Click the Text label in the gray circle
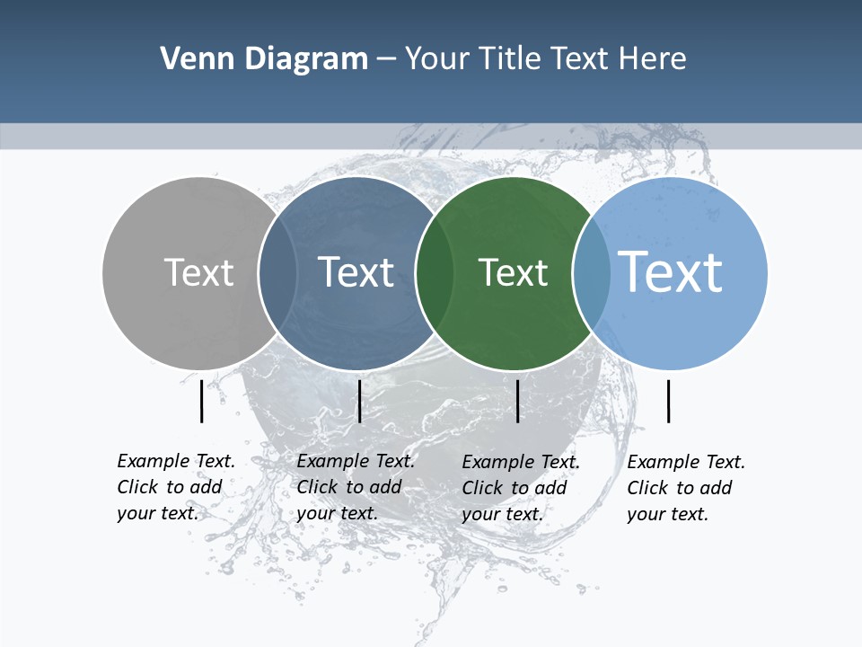click(198, 272)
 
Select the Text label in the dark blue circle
click(356, 272)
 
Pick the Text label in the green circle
click(513, 272)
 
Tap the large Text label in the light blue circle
click(671, 271)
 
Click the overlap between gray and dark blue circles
click(277, 273)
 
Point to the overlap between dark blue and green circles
click(435, 273)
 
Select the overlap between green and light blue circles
click(592, 273)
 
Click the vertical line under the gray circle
click(202, 401)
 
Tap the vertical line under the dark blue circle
click(359, 401)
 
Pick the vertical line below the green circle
click(518, 401)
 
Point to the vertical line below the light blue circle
click(669, 401)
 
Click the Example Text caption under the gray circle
click(176, 487)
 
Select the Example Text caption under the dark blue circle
click(356, 487)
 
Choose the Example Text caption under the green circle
click(521, 488)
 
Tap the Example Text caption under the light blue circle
click(686, 488)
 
